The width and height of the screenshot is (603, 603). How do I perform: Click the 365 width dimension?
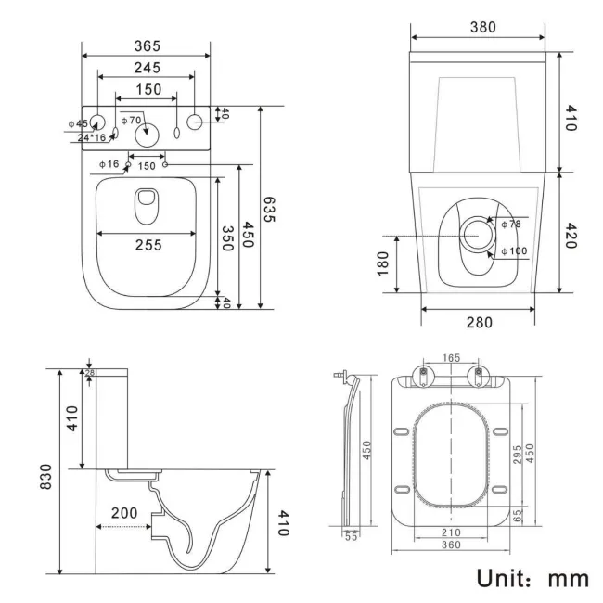pos(146,45)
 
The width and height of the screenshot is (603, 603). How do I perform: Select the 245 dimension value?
pos(146,67)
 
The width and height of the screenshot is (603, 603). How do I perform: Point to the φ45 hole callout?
pos(77,123)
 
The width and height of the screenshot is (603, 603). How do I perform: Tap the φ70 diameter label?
pos(132,120)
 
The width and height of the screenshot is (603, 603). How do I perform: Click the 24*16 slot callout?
pos(91,137)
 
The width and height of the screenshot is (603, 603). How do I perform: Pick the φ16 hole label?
pos(109,164)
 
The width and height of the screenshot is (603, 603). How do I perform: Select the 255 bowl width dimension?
pos(146,245)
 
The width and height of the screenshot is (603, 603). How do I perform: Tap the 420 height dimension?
pos(571,232)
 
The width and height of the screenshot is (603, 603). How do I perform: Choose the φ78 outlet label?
pos(511,225)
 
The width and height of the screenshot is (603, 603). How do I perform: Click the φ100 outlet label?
pos(513,251)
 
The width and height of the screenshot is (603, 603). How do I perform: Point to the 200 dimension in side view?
pos(125,511)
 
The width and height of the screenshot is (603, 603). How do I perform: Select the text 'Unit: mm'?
pos(532,578)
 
